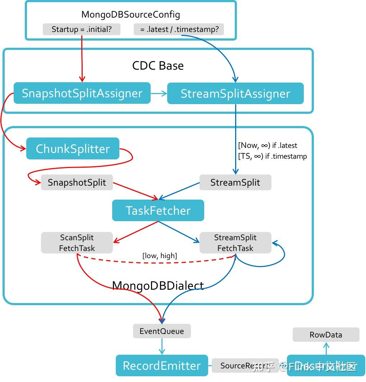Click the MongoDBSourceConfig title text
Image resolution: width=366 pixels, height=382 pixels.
click(131, 15)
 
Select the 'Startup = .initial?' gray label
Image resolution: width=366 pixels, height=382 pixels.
click(81, 29)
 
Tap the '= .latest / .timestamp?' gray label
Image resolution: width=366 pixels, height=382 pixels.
click(179, 29)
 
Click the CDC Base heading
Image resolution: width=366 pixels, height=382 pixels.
click(158, 66)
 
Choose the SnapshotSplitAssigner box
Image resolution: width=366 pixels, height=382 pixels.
click(82, 93)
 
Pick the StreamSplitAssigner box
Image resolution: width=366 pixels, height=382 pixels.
click(235, 94)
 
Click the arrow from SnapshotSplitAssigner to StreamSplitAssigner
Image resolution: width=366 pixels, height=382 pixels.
click(159, 93)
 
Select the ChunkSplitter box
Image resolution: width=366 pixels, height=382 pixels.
click(73, 149)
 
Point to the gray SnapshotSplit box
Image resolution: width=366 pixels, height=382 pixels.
click(77, 182)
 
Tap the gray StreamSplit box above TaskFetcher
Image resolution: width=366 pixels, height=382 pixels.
click(235, 182)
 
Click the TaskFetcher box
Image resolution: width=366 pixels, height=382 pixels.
click(158, 210)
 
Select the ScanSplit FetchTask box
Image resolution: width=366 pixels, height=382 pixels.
click(77, 243)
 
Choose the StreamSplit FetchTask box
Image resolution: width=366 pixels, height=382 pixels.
click(235, 243)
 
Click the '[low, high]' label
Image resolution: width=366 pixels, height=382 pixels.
click(160, 256)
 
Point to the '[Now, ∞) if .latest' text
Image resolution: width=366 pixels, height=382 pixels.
click(267, 145)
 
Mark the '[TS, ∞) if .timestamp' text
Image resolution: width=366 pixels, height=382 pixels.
click(272, 156)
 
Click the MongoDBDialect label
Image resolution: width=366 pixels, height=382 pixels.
click(158, 285)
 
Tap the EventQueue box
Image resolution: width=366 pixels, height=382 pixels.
click(161, 331)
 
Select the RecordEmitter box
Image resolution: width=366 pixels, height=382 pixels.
click(161, 365)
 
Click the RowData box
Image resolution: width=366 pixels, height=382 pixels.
click(326, 335)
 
